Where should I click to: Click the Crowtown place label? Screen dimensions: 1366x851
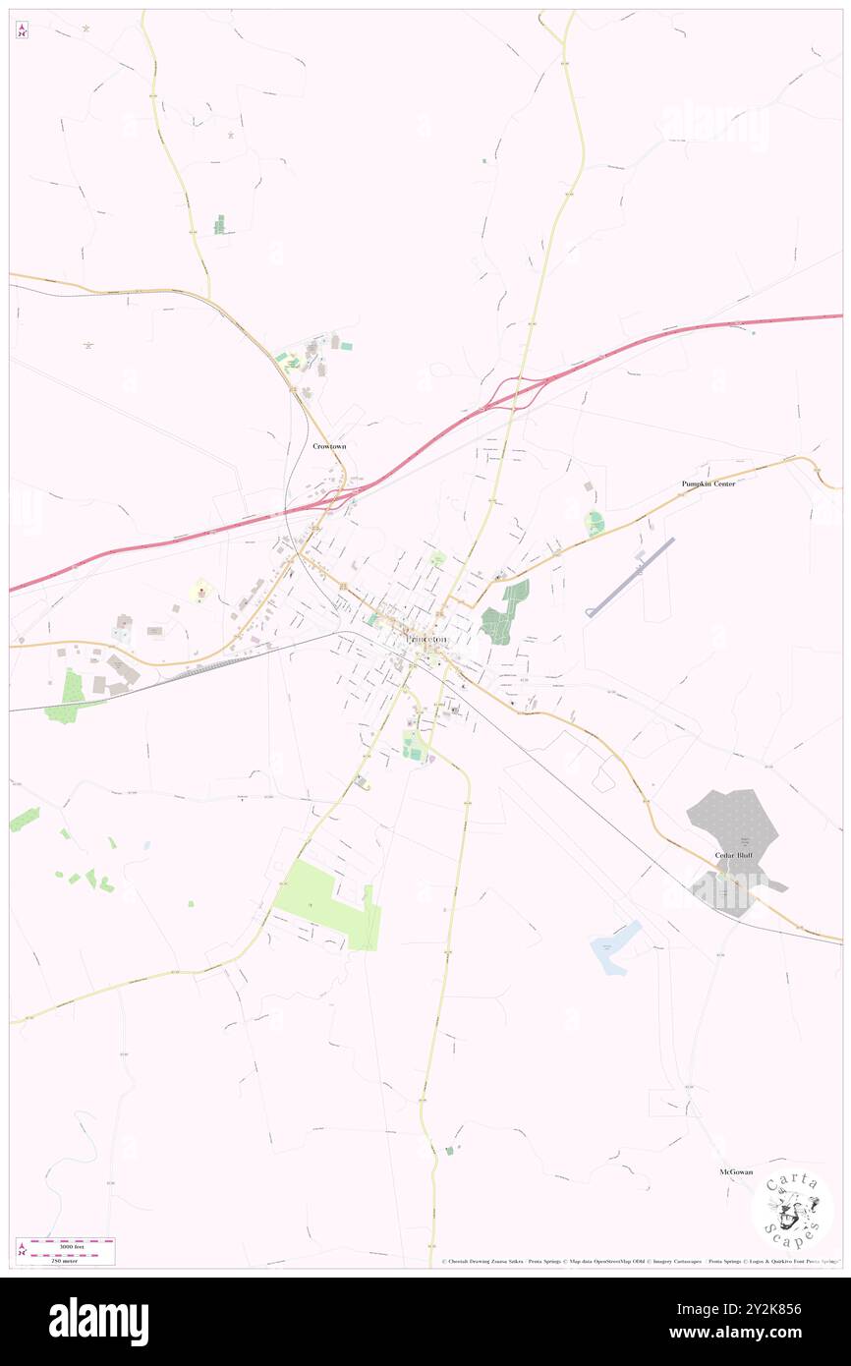329,446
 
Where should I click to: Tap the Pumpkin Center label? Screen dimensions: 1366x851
709,484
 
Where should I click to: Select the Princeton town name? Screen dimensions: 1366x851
426,639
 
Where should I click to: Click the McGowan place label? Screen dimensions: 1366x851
735,1172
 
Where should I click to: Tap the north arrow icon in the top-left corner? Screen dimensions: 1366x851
22,30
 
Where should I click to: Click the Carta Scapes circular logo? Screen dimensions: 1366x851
792,1211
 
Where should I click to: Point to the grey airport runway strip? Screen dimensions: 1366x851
630,577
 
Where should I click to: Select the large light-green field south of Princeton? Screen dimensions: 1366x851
323,902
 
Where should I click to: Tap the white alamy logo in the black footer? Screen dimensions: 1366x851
98,1322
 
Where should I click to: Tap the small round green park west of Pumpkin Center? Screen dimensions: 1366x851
594,523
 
